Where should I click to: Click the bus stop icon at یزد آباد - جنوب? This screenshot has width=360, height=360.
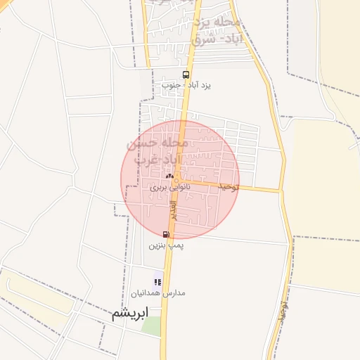(x=186, y=75)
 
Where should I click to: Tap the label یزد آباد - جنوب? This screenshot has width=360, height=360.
(x=186, y=85)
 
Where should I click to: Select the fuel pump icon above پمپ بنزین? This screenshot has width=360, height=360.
(x=166, y=234)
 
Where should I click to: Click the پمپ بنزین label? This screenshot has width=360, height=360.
(x=166, y=246)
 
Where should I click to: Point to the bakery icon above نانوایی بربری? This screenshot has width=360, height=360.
(x=169, y=176)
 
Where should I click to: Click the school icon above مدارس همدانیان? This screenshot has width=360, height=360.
(x=158, y=282)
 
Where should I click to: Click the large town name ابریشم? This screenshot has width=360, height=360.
(x=131, y=314)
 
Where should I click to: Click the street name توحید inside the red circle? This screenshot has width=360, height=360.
(x=229, y=186)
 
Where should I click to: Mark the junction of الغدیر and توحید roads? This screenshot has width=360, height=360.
(x=178, y=181)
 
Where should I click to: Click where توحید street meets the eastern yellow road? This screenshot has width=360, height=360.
(x=281, y=190)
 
